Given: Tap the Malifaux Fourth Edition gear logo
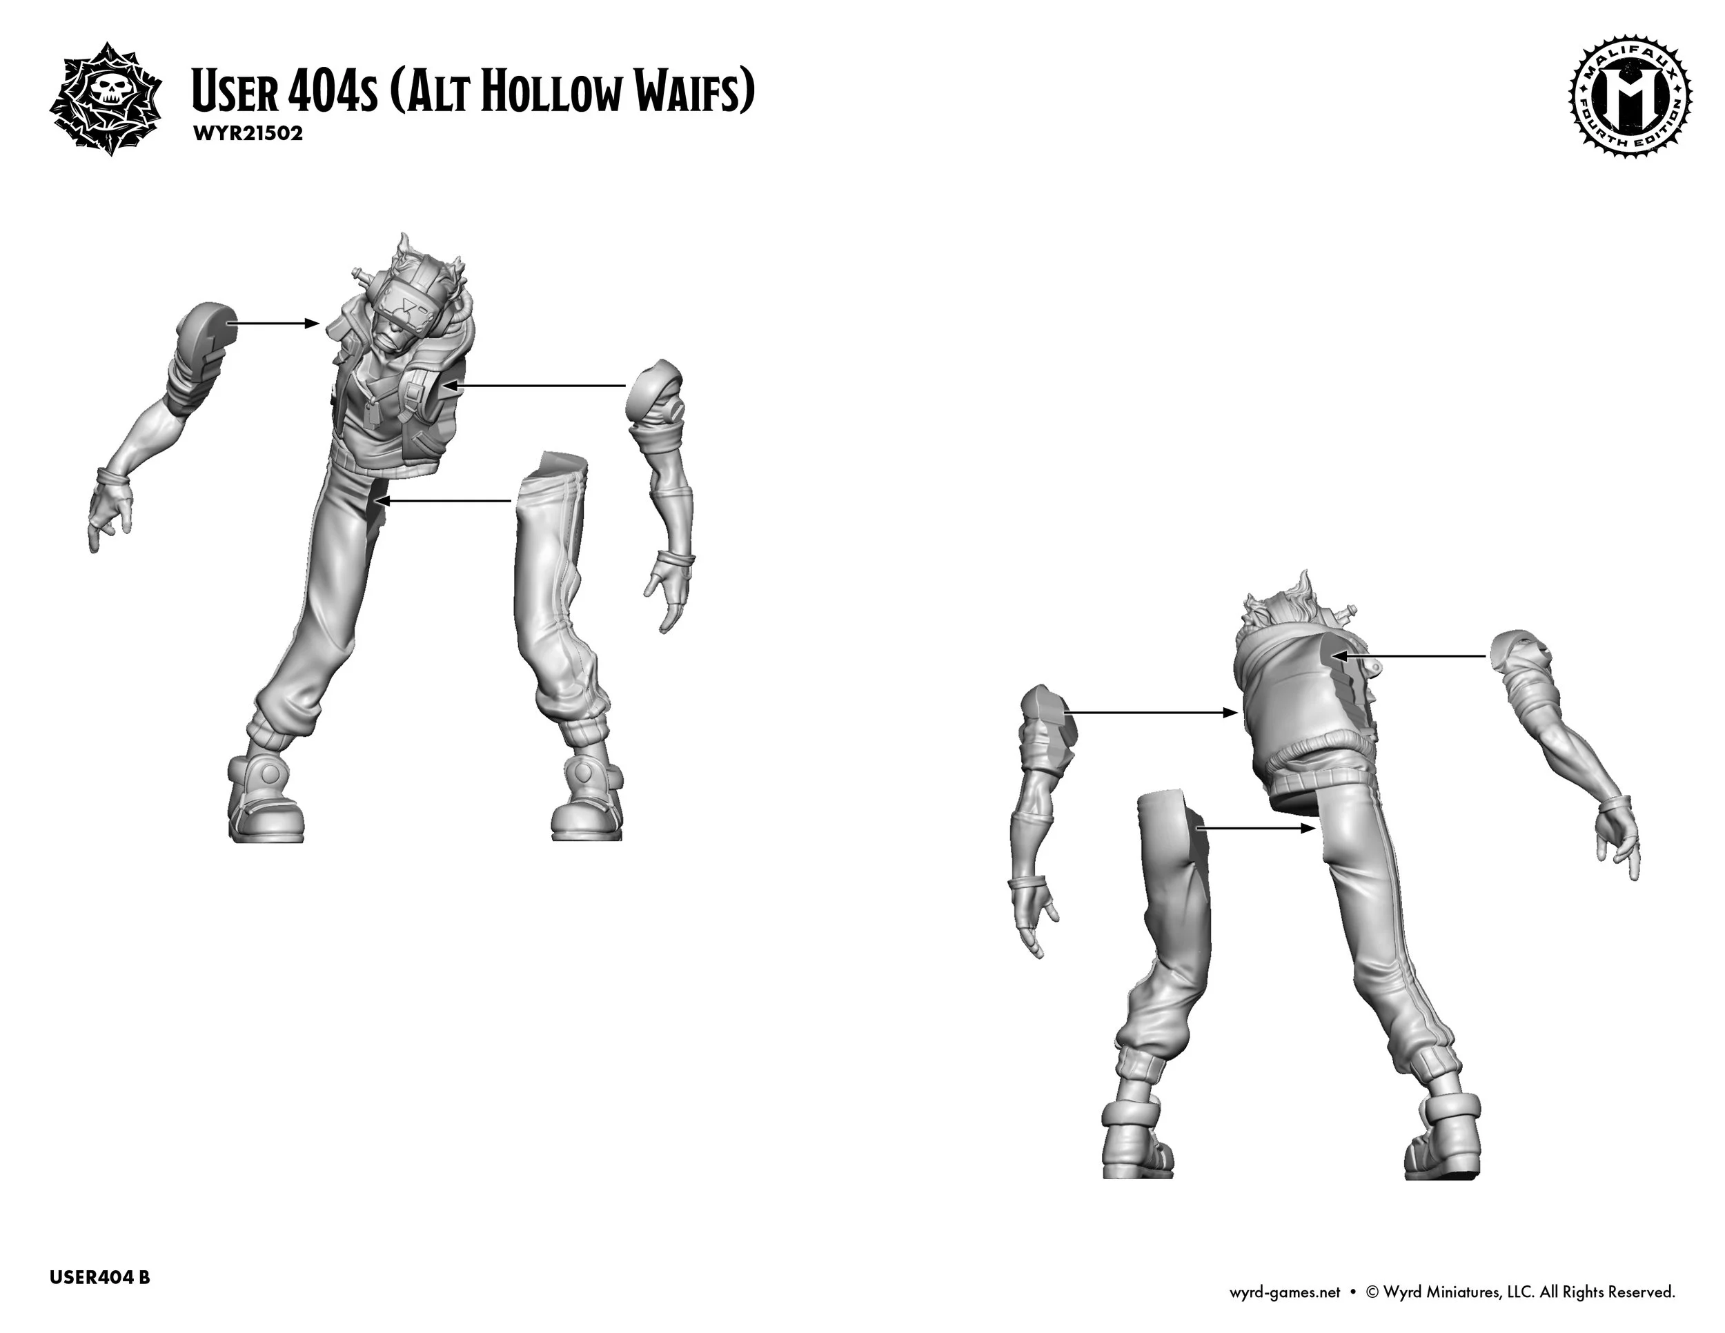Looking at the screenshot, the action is click(1628, 103).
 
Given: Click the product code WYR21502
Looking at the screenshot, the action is click(246, 132).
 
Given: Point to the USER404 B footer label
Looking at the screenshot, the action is click(99, 1277).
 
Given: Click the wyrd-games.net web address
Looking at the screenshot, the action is click(1285, 1292).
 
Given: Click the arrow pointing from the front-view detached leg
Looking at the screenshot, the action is click(442, 501).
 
